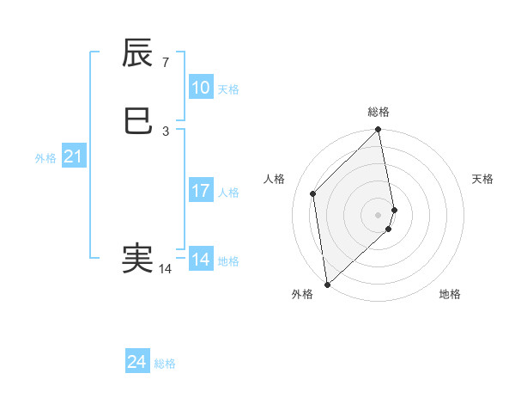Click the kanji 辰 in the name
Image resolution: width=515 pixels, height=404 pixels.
tap(138, 54)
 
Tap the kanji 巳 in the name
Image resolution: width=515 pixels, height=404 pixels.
tap(138, 121)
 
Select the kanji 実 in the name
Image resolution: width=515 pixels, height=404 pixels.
tap(138, 258)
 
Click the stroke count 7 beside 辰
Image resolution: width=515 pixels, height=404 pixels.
tap(166, 63)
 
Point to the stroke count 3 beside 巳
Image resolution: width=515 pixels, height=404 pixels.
tap(166, 132)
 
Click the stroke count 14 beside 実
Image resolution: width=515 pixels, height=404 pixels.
tap(166, 269)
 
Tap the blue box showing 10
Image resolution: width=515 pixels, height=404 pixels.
tap(200, 88)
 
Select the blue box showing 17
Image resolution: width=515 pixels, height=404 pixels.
tap(200, 191)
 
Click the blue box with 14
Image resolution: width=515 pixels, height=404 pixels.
tap(200, 260)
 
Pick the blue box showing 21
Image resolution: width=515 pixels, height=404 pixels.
tap(73, 156)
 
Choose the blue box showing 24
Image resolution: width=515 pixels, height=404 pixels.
tap(136, 363)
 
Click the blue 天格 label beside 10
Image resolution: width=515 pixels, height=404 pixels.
tap(228, 89)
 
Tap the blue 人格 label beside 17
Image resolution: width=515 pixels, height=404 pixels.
tap(228, 193)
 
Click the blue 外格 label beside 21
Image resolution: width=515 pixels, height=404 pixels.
tap(45, 158)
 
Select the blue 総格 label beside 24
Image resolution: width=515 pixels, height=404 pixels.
tap(165, 364)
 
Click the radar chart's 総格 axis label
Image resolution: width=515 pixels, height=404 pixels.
tap(379, 112)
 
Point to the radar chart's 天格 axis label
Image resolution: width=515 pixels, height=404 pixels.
tap(483, 179)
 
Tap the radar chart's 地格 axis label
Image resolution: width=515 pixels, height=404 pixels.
tap(450, 295)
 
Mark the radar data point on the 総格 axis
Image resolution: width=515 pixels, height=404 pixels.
tap(379, 131)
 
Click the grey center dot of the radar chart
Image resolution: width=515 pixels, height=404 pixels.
tap(379, 214)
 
